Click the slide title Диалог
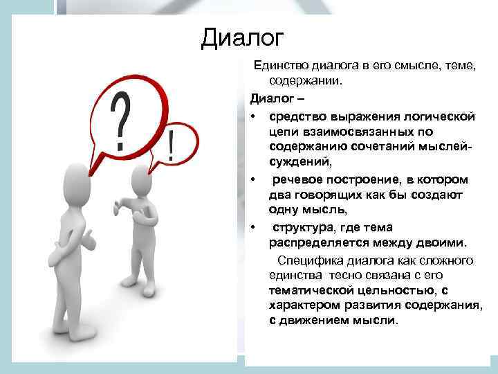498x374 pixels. point(243,36)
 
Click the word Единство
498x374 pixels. point(278,66)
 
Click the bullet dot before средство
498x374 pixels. point(255,115)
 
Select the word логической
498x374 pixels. point(440,115)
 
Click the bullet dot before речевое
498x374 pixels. point(255,179)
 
